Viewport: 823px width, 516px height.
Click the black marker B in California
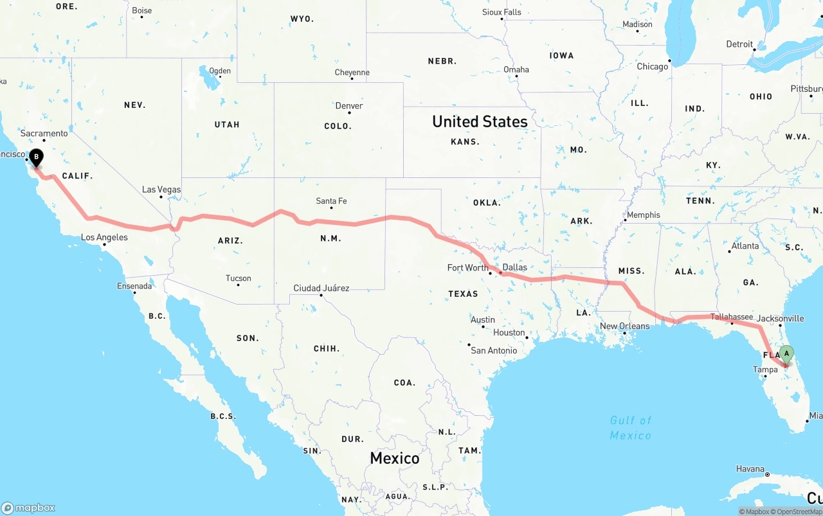point(37,157)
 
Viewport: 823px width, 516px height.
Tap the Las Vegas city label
point(161,190)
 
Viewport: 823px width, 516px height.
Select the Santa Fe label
point(331,201)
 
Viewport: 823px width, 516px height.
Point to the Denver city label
point(349,106)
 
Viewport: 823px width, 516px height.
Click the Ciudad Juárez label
point(321,288)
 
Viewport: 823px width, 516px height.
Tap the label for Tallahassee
point(732,317)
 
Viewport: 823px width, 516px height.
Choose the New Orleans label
point(624,326)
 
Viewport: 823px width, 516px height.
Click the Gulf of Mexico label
point(631,428)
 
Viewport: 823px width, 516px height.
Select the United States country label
point(480,121)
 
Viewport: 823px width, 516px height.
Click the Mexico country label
point(395,458)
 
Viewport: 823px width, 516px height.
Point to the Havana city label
point(750,469)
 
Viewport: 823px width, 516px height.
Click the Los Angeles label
point(104,238)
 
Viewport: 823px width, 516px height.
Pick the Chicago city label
point(653,66)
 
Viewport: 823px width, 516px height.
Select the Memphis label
point(644,215)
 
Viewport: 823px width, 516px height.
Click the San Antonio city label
point(494,350)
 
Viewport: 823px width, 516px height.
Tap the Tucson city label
point(239,278)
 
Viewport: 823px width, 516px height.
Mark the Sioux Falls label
point(502,12)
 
